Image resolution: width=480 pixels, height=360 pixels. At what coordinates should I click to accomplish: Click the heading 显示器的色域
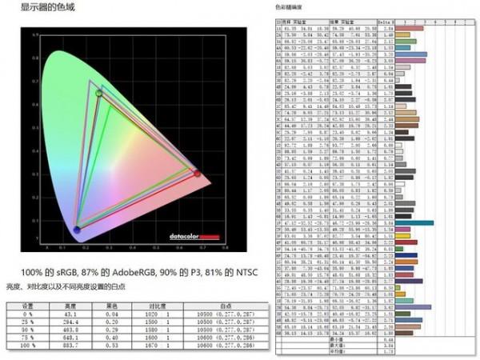34,9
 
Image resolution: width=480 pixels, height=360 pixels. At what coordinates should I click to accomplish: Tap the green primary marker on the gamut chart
99,94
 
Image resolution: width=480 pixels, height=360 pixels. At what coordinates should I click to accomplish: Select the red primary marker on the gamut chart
197,172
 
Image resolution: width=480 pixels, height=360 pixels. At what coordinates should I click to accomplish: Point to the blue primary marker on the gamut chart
77,230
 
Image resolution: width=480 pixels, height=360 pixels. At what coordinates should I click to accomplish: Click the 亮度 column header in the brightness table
70,305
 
